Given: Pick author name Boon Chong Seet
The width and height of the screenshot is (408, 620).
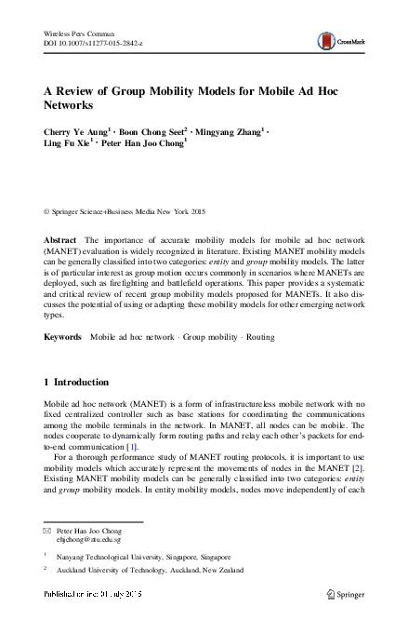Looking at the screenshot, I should (151, 132).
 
